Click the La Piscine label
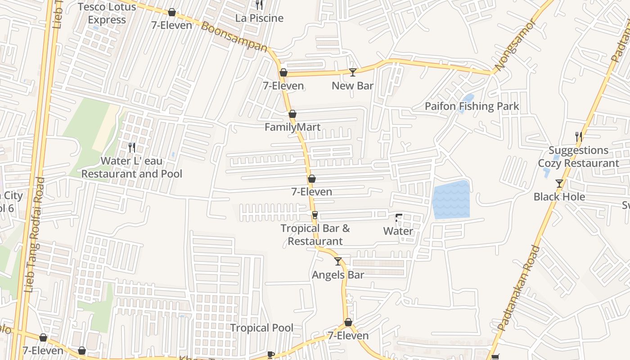click(260, 18)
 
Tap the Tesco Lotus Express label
click(107, 13)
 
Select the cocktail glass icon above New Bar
click(353, 72)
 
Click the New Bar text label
click(352, 85)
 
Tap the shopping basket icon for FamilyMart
click(292, 114)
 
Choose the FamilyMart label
click(292, 127)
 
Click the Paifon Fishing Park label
click(472, 107)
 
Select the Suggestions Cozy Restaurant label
click(579, 157)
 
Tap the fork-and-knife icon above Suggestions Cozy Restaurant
click(579, 136)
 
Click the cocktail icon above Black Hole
click(559, 184)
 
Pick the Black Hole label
click(559, 197)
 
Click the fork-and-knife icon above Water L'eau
click(132, 147)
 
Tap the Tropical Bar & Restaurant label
click(315, 234)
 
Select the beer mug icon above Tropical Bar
click(315, 215)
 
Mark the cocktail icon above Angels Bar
click(338, 261)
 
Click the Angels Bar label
click(338, 275)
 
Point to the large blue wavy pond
click(451, 200)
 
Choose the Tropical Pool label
click(261, 328)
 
